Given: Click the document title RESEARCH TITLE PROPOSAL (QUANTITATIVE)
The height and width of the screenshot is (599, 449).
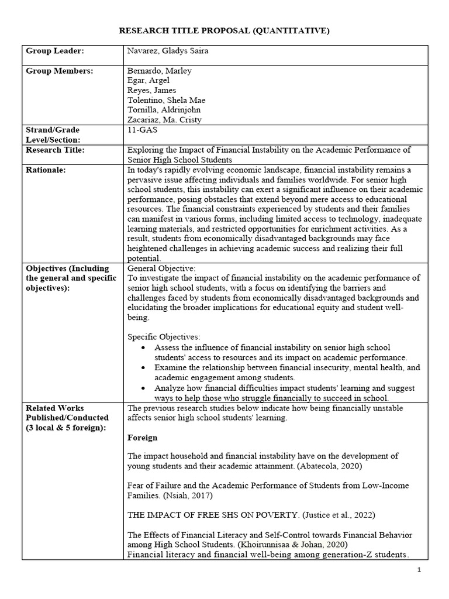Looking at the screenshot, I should tap(224, 30).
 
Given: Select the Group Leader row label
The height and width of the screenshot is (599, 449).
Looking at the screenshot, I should tap(55, 51).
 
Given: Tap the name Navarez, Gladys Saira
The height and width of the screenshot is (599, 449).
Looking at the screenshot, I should tap(168, 51).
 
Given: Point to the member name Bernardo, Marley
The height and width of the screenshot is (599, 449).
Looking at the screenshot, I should tap(159, 71).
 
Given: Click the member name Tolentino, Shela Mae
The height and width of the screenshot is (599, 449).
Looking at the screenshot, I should tap(166, 100).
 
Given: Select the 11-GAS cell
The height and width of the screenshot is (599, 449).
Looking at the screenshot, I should tap(143, 130).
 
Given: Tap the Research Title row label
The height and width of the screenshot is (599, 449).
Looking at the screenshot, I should tap(56, 150).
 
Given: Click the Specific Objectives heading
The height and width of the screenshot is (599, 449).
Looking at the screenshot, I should tap(164, 337).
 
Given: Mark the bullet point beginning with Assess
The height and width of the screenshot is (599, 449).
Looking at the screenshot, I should tap(144, 347).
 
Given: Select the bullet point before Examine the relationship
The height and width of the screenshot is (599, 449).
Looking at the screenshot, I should tap(144, 368).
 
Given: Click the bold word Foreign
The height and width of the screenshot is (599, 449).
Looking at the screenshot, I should tap(143, 437).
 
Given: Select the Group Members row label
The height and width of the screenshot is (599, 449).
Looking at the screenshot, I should tap(59, 71).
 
